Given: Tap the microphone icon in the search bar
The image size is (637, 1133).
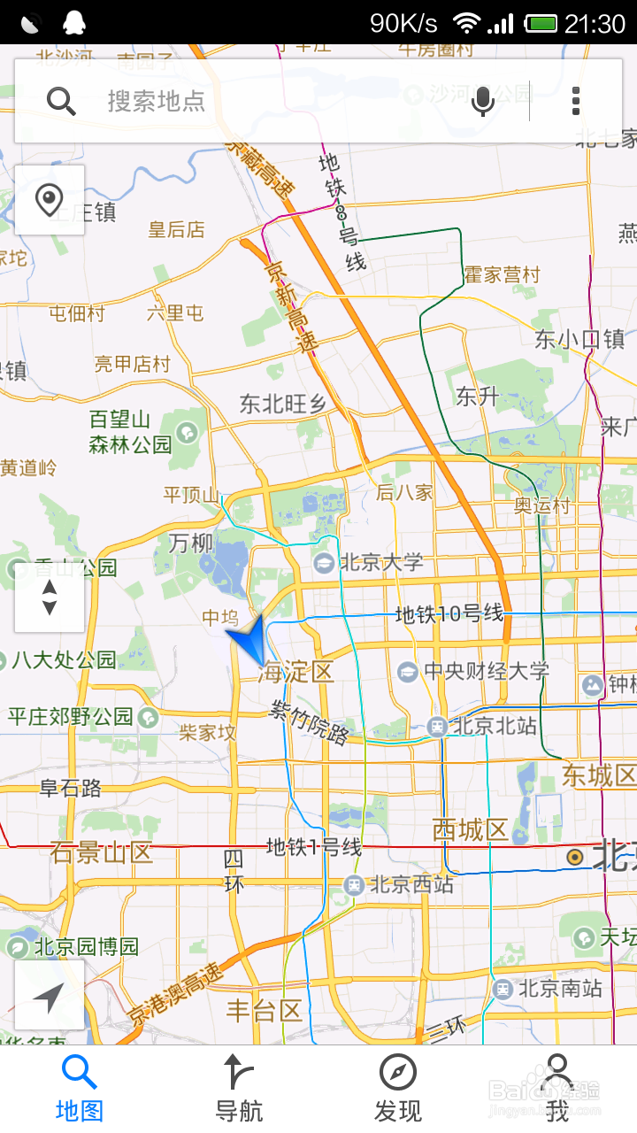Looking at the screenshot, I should [x=483, y=101].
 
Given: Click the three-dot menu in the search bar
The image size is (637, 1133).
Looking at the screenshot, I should [x=576, y=101].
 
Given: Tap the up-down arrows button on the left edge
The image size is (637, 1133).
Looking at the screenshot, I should [x=50, y=597].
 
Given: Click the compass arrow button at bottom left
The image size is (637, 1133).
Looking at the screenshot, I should [x=50, y=995].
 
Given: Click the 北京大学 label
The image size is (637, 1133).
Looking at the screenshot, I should [x=380, y=562].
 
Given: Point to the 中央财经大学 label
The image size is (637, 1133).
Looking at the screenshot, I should [x=486, y=671].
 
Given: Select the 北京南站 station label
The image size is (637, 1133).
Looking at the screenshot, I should [x=559, y=988].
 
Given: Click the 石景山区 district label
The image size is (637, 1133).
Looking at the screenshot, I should [x=101, y=853].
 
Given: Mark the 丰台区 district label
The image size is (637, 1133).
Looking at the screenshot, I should [x=264, y=1010].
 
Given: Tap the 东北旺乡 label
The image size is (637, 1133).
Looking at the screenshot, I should [x=282, y=404].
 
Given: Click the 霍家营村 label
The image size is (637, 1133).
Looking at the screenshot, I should [x=502, y=274].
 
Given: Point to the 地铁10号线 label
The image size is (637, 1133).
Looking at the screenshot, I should [x=449, y=613].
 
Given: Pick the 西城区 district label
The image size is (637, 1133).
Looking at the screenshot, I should [x=471, y=830].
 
